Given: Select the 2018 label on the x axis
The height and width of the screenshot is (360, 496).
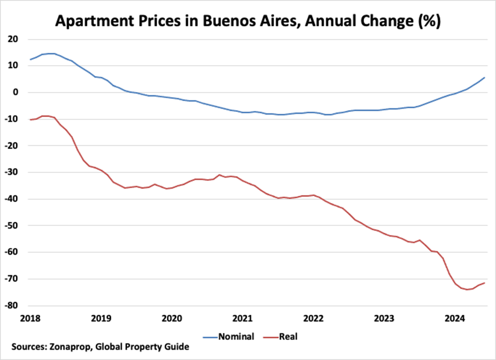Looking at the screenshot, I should pyautogui.click(x=30, y=319).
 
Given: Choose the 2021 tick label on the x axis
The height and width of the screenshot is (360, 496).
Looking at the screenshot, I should pyautogui.click(x=242, y=319).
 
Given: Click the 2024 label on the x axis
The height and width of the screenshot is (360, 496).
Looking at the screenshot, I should pyautogui.click(x=455, y=319).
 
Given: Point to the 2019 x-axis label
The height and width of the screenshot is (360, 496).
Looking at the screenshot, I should pyautogui.click(x=101, y=319).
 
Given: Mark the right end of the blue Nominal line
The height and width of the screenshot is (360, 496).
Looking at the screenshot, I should pyautogui.click(x=484, y=78).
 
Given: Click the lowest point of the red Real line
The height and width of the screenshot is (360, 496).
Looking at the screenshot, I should pyautogui.click(x=466, y=289).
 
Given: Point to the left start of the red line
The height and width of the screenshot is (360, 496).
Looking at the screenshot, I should pyautogui.click(x=31, y=119).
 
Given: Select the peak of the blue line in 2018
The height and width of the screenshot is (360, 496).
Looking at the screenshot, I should pyautogui.click(x=51, y=53).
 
